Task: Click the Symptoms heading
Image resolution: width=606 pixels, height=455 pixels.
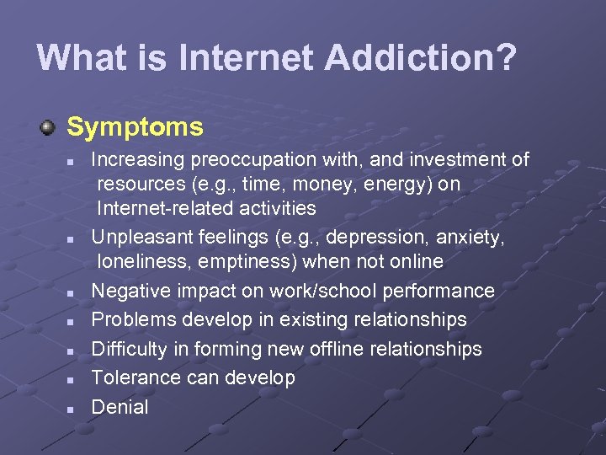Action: point(135,127)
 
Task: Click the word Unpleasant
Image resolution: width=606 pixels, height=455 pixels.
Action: point(139,238)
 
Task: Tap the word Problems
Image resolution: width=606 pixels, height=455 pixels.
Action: point(130,320)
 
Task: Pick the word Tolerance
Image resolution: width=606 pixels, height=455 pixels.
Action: point(136,378)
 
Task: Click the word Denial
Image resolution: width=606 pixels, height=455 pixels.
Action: point(120,408)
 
